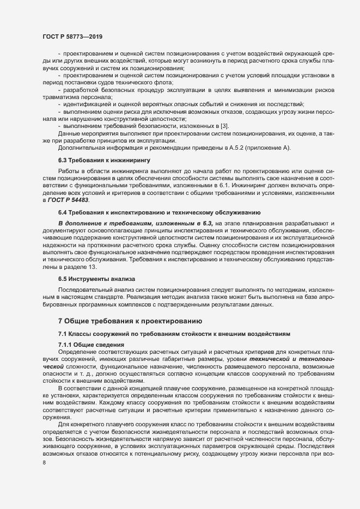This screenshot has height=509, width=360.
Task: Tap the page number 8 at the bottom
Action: click(x=45, y=462)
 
